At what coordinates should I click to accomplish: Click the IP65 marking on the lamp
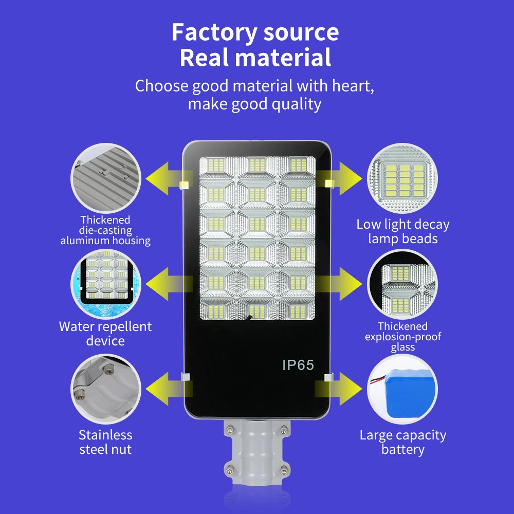coord(298,365)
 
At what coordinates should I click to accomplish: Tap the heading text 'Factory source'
coord(255,32)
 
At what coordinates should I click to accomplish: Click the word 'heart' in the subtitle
coord(353,86)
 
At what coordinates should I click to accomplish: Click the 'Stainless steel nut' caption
coord(105,442)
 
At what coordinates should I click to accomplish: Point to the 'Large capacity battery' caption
coord(403,442)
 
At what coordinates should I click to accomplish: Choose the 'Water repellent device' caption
coord(105,334)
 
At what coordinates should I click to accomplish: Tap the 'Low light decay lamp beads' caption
coord(403,231)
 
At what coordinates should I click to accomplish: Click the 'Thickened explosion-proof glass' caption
coord(403,337)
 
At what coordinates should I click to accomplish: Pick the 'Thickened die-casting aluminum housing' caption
coord(105,230)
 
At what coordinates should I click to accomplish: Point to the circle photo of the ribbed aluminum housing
coord(106,178)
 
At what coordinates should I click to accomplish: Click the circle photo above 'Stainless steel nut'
coord(106,389)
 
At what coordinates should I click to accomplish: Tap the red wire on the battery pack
coord(377,381)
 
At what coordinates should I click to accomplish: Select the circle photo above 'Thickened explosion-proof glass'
coord(402,284)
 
